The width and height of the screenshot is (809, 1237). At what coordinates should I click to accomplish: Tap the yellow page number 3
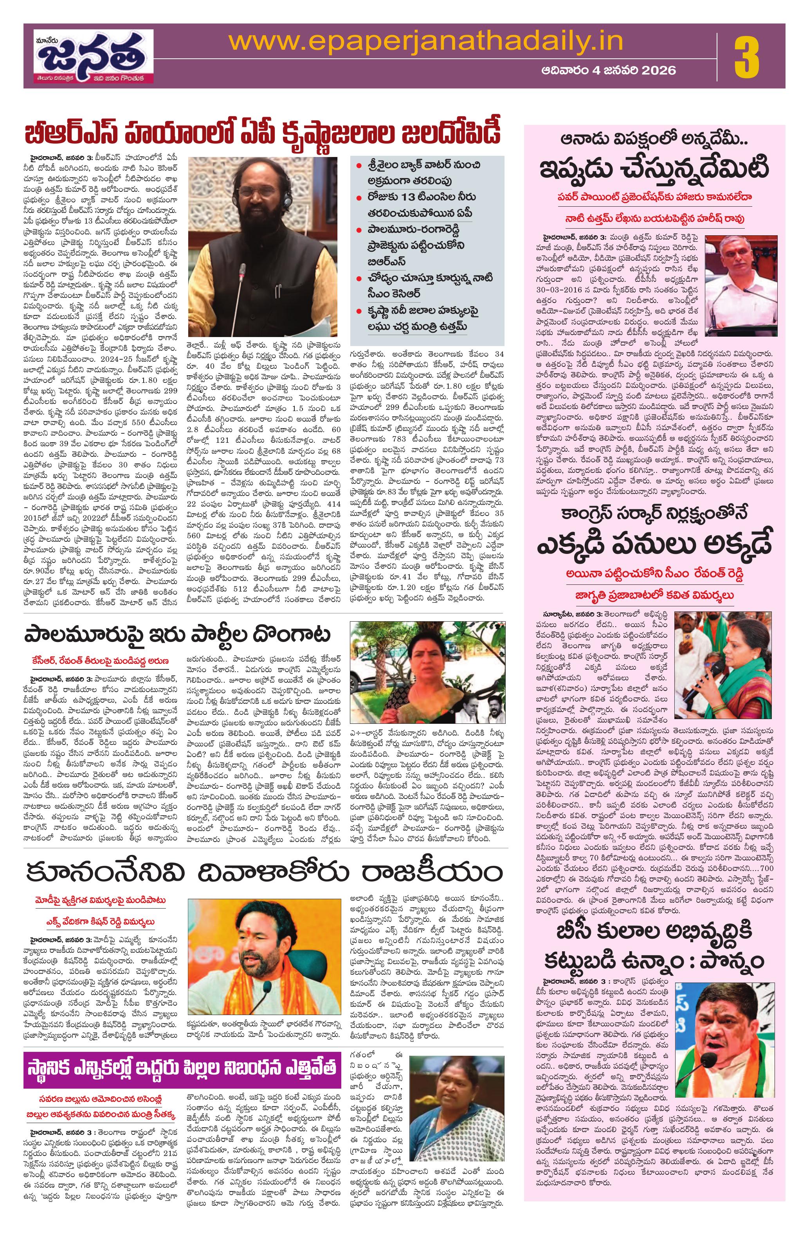747,56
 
